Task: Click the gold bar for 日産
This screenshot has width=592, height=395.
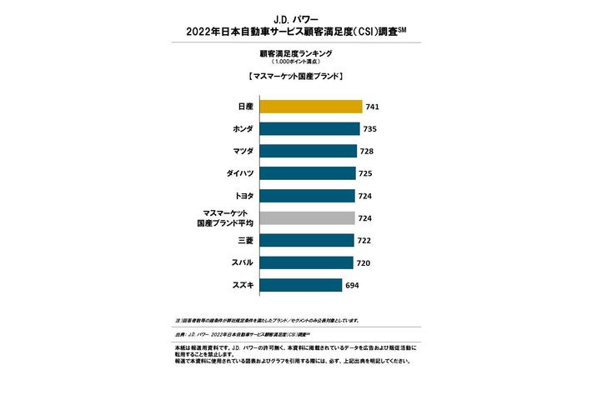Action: click(x=311, y=107)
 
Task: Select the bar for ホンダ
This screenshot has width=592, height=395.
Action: click(x=309, y=129)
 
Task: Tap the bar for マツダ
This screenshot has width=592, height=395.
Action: click(x=308, y=152)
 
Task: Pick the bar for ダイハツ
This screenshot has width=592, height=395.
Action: click(x=307, y=174)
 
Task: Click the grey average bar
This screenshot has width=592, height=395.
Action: click(x=307, y=218)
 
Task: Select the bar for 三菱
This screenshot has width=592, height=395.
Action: click(x=306, y=241)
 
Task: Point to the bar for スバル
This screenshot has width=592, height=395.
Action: click(x=306, y=262)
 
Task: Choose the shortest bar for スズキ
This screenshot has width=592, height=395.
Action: click(x=301, y=285)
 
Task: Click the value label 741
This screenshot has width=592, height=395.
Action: click(x=374, y=107)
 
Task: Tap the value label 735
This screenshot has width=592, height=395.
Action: click(x=371, y=129)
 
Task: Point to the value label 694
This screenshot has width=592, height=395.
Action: click(x=354, y=285)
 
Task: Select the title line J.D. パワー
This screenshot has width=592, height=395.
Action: click(x=296, y=17)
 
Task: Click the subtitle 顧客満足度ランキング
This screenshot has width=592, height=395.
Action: click(x=296, y=52)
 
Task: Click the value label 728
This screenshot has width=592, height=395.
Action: click(x=367, y=152)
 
